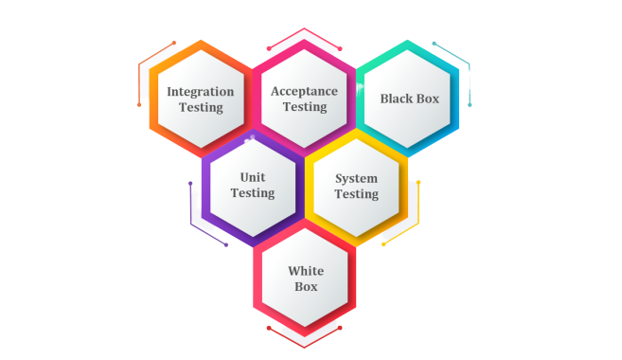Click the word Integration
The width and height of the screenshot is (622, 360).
tap(201, 92)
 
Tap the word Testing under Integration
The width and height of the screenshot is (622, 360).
tap(201, 107)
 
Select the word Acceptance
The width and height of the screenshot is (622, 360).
tap(304, 92)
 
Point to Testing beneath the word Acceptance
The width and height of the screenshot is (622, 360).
tap(304, 107)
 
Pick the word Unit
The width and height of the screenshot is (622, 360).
tap(253, 177)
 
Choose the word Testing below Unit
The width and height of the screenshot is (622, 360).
tap(253, 193)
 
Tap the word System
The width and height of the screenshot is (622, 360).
tap(356, 178)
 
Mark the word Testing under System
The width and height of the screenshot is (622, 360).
tap(356, 194)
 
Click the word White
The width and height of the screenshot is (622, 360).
tap(305, 271)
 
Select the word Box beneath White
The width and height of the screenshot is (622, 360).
tap(305, 286)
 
